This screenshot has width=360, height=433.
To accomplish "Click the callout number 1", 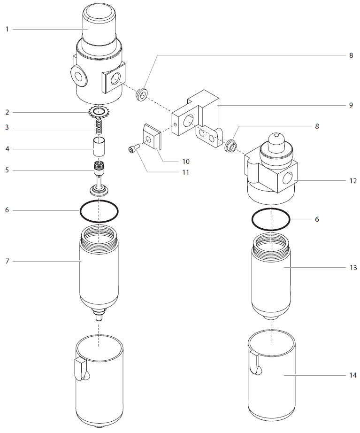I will coord(7,29).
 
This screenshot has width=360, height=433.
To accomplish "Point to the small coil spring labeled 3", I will coord(99,127).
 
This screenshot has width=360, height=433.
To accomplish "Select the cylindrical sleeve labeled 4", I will coord(99,148).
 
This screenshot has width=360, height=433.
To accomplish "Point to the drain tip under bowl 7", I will coord(99,316).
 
